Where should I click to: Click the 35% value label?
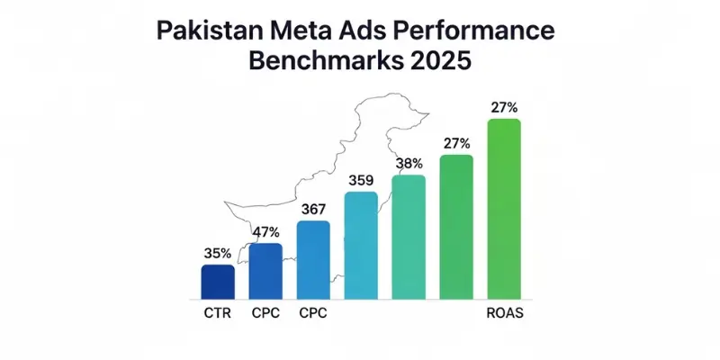(217, 254)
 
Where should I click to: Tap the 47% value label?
(265, 231)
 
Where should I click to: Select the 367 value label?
(313, 209)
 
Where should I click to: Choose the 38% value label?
(409, 164)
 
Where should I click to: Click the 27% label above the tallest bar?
(505, 107)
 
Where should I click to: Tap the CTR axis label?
(217, 314)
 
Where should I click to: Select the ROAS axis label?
(505, 314)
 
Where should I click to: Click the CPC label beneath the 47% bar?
(265, 314)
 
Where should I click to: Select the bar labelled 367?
(313, 260)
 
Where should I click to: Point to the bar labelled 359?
(361, 245)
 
